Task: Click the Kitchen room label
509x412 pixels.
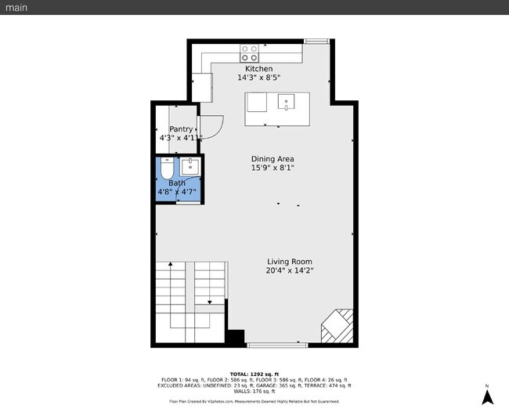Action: coord(259,69)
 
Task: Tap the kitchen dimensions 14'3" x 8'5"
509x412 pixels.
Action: coord(259,78)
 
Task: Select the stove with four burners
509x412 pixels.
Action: coord(250,53)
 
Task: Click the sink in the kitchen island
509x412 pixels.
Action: coord(286,101)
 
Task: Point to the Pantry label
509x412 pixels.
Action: coord(181,129)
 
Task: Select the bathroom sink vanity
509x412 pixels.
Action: coord(190,166)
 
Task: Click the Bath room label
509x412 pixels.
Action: coord(177,183)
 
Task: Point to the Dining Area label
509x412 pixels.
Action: coord(273,159)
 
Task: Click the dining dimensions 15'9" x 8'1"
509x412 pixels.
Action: coord(273,168)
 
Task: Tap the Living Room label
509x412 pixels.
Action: coord(290,262)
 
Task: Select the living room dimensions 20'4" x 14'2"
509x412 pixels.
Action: coord(290,271)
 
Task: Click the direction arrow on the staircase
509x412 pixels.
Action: coord(209,301)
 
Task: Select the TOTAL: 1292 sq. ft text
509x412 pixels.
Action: coord(254,374)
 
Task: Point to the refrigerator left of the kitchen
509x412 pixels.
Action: coord(201,87)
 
